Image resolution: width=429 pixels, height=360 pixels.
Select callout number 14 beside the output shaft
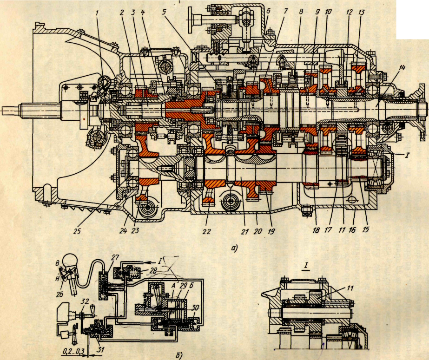402,68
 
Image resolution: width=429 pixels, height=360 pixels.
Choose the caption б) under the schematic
178,356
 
